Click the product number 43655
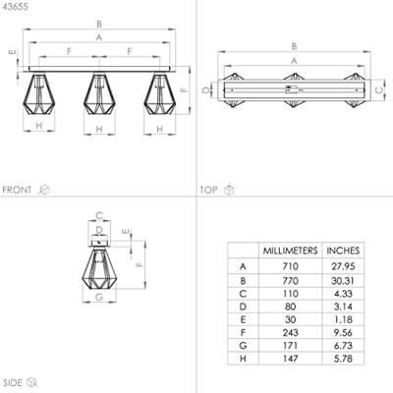coord(15,7)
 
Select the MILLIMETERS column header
coord(290,251)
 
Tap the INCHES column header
coord(343,251)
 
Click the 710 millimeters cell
coord(290,266)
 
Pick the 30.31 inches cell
coord(343,281)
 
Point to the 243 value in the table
coord(290,333)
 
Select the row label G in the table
coord(243,346)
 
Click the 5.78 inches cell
coord(343,359)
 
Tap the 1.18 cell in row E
coord(343,319)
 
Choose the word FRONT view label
coord(17,190)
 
